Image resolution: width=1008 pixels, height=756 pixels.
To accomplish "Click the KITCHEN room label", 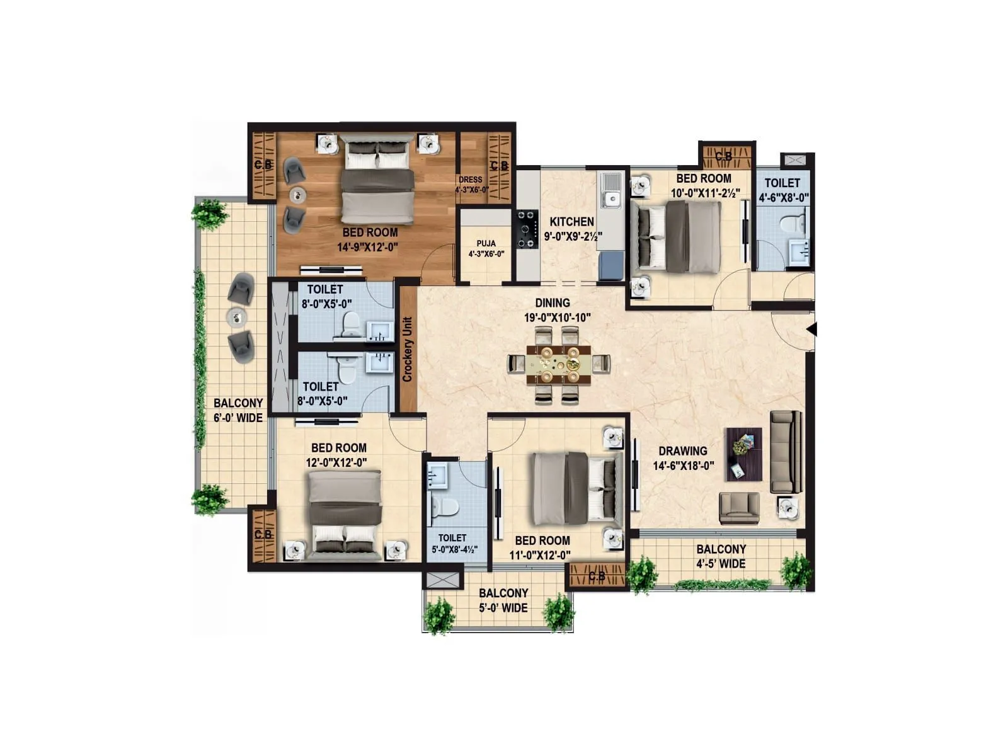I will tap(571, 222).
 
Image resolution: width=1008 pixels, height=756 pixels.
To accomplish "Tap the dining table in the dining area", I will tap(559, 364).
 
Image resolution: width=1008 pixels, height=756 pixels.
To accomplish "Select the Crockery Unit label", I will tap(408, 349).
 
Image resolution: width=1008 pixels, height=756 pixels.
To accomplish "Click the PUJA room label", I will tap(486, 243).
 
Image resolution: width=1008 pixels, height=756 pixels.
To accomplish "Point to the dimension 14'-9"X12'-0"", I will tap(367, 248).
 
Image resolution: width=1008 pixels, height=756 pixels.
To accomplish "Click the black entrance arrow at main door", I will tap(812, 329).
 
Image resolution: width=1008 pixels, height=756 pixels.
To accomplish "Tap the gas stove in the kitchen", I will tap(527, 231).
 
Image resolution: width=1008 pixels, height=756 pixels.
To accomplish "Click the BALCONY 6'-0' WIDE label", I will tap(238, 410).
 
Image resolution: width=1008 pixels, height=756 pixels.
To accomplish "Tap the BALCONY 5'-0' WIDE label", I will tap(503, 600).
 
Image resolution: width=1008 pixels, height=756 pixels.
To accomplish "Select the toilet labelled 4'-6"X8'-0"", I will tap(782, 190).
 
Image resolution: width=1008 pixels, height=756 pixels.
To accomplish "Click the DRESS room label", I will tap(471, 180).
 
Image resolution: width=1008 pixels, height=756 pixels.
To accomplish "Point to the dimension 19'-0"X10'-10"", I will tap(557, 318).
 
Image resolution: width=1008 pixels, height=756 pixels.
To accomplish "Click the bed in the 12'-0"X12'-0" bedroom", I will tap(345, 513).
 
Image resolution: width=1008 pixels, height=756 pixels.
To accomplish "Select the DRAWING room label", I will tap(682, 451).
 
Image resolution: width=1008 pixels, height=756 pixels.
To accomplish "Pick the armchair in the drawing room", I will tap(740, 508).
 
